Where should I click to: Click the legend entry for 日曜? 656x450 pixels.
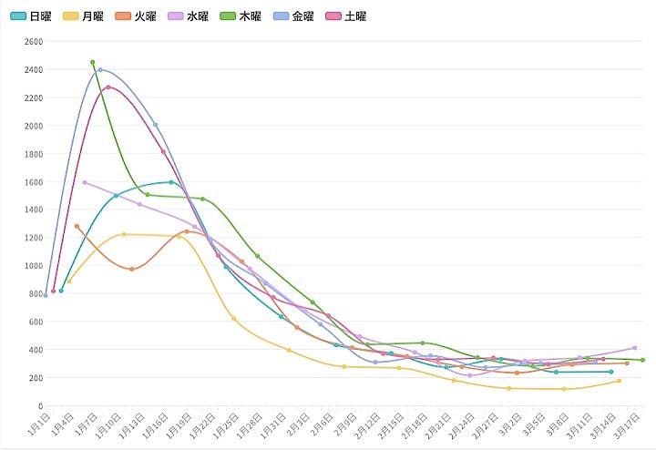click(x=31, y=16)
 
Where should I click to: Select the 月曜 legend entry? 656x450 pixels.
click(x=83, y=16)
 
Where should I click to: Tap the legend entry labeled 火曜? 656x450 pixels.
click(x=136, y=16)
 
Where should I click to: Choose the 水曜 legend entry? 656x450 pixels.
click(x=189, y=16)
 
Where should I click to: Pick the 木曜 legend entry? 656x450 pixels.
click(x=241, y=16)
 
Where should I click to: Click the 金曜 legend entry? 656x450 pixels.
click(x=294, y=16)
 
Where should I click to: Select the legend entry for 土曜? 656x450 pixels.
click(x=347, y=16)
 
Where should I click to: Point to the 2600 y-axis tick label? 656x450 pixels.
click(x=33, y=42)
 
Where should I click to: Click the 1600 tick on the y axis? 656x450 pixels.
click(x=33, y=182)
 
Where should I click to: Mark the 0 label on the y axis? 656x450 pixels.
click(x=39, y=406)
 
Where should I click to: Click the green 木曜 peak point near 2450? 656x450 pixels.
click(x=93, y=62)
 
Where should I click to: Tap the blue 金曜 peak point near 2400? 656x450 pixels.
click(x=100, y=69)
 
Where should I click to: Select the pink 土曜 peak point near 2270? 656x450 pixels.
click(x=108, y=87)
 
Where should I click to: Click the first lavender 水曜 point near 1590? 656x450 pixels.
click(x=85, y=182)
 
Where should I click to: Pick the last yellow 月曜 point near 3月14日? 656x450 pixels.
click(x=619, y=381)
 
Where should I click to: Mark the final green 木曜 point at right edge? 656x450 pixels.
click(x=642, y=360)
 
